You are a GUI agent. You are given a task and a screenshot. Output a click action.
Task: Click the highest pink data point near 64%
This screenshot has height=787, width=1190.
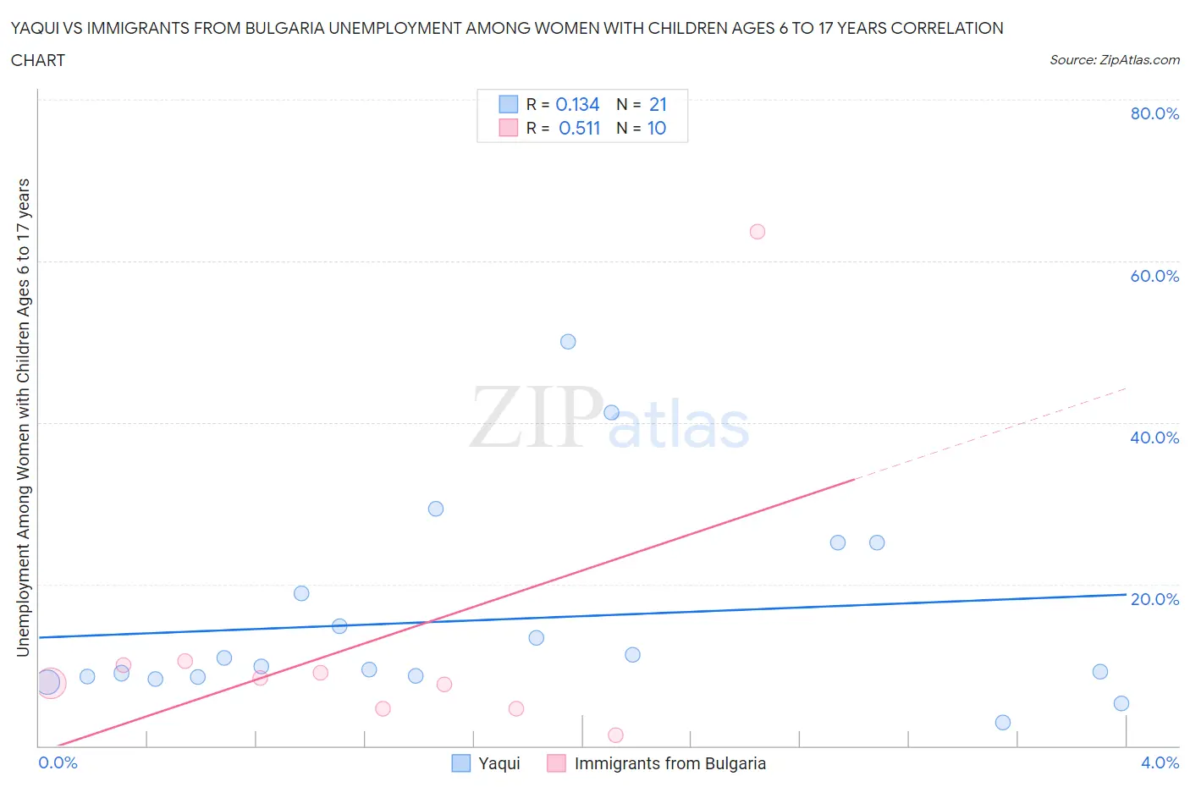[758, 232]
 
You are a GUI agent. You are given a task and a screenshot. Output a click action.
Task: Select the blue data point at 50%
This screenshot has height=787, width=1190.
[568, 342]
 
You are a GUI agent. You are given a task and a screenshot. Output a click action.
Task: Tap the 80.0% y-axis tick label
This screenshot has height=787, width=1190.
[1154, 113]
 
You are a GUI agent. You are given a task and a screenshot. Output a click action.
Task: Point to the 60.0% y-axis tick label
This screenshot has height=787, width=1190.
[1154, 276]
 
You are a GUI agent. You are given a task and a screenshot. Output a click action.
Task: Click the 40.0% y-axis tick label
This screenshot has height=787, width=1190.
[1154, 438]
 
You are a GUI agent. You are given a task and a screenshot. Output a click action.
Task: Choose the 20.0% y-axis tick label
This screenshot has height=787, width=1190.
[1154, 599]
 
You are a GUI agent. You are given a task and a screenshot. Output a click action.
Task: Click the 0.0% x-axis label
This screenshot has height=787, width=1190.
[58, 762]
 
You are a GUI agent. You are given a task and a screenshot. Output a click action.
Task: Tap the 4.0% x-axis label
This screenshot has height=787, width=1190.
[1160, 762]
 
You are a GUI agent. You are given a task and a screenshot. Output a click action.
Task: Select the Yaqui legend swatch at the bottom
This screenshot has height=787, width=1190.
[460, 763]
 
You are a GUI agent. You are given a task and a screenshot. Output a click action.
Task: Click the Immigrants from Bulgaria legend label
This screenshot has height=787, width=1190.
[669, 763]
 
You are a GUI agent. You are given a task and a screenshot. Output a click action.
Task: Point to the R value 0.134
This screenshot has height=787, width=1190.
[577, 104]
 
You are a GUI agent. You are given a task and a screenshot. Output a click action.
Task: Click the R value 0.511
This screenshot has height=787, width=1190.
[579, 128]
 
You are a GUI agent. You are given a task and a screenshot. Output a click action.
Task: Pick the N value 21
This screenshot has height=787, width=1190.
[658, 104]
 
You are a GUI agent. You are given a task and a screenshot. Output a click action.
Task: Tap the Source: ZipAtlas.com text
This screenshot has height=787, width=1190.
[1114, 60]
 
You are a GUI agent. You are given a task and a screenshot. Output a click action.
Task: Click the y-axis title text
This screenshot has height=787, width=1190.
[23, 418]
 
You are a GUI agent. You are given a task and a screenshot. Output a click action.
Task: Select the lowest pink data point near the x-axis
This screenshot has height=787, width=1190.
[615, 735]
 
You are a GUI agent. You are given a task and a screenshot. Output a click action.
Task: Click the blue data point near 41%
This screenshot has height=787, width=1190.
[611, 413]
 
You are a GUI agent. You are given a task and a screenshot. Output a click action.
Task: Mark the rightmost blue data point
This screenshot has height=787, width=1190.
[1121, 703]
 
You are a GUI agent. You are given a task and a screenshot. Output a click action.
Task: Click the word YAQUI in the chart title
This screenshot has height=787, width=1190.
[36, 28]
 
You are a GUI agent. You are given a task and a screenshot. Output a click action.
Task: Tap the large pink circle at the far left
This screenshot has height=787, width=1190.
[51, 682]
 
